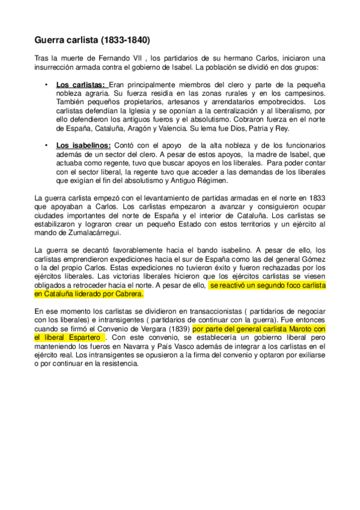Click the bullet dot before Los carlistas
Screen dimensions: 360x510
46,85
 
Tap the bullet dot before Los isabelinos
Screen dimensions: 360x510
46,146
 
